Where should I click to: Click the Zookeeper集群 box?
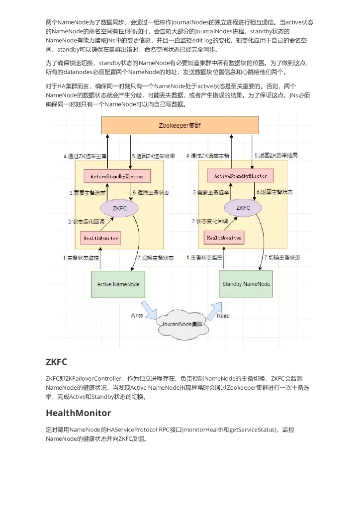click(180, 125)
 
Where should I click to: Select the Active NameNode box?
click(118, 284)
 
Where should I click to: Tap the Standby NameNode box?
click(246, 284)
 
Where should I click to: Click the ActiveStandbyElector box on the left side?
click(117, 176)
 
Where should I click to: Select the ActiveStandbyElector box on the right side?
click(240, 176)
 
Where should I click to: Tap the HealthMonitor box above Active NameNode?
click(100, 238)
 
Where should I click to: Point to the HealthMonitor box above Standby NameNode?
click(225, 238)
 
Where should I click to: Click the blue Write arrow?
click(150, 313)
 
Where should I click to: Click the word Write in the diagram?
click(137, 316)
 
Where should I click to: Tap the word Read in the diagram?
click(223, 316)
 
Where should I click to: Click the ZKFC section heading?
click(56, 361)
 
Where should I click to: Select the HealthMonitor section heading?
click(78, 413)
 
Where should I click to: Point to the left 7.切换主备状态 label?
click(155, 258)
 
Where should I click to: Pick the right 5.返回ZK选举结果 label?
click(276, 156)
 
